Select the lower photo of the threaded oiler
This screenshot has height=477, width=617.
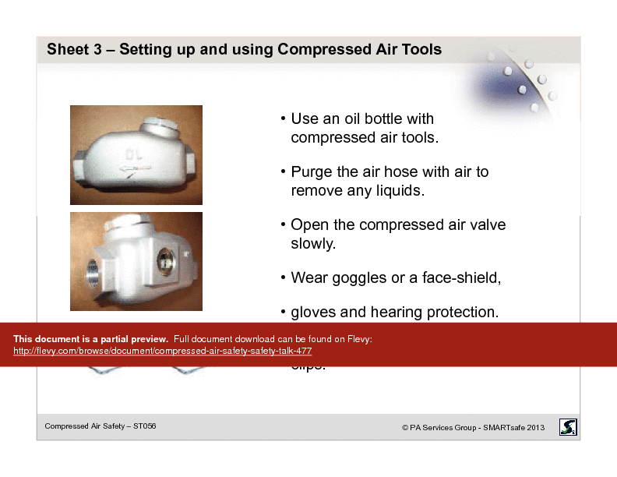[x=136, y=261]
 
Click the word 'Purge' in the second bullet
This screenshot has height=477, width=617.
[x=312, y=171]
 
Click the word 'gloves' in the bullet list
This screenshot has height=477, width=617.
[x=313, y=313]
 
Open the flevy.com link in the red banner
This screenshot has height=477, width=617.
[x=163, y=352]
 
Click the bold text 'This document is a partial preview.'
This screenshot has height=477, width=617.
[x=90, y=339]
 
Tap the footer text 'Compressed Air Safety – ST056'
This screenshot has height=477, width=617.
[x=100, y=426]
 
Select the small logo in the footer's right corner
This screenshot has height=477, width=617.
[x=569, y=426]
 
